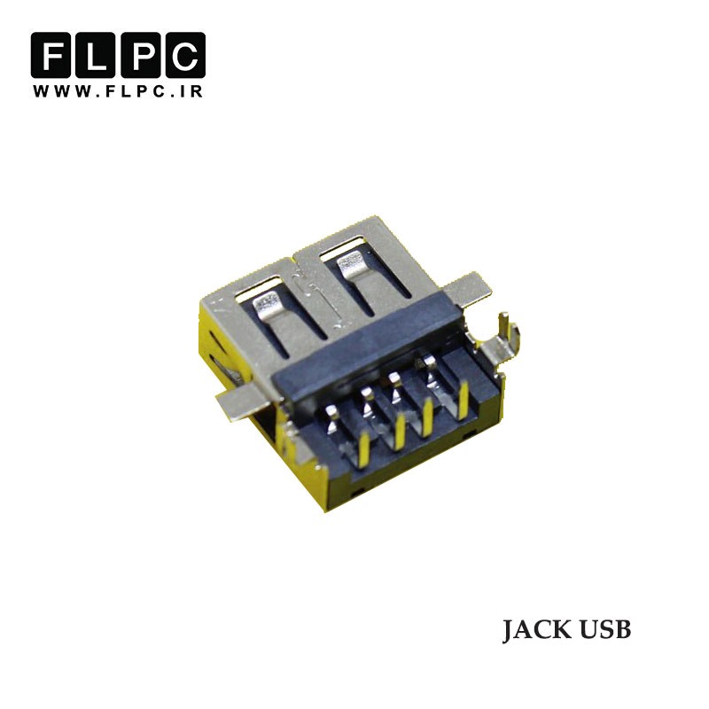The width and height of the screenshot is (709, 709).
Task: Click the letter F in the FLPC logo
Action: pos(51,55)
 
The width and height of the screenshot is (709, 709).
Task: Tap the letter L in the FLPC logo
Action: pos(96,55)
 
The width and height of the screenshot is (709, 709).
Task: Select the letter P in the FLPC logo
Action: pos(140,55)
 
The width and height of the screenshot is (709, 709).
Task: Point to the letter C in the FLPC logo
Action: pos(185,55)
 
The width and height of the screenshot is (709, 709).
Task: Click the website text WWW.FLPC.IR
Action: pos(118,91)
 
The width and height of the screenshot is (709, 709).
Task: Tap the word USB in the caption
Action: pos(605,630)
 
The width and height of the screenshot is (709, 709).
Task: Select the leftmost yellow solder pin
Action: pos(364,448)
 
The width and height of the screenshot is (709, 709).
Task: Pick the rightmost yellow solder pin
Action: pos(462,400)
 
